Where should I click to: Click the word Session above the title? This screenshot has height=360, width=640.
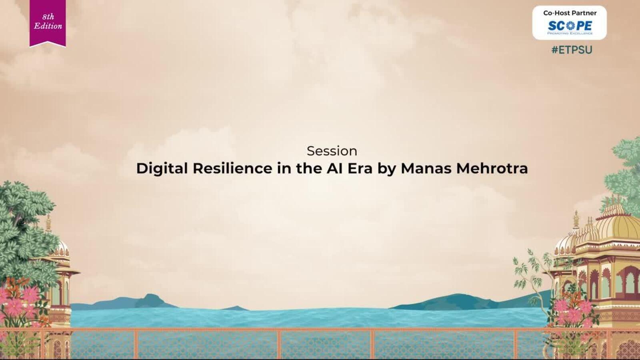[332, 151]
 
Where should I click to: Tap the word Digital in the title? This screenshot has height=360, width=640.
[162, 168]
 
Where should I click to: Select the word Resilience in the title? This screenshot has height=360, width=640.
[232, 168]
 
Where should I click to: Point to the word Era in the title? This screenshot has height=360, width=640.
[360, 168]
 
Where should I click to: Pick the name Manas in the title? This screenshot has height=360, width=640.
[426, 168]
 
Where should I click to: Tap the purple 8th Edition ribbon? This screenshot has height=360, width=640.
[48, 23]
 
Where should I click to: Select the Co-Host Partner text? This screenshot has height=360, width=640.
[570, 13]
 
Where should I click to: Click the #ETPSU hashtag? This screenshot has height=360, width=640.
[572, 50]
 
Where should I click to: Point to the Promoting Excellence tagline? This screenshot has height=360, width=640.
[570, 34]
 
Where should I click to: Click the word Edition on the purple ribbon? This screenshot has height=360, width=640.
[48, 26]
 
